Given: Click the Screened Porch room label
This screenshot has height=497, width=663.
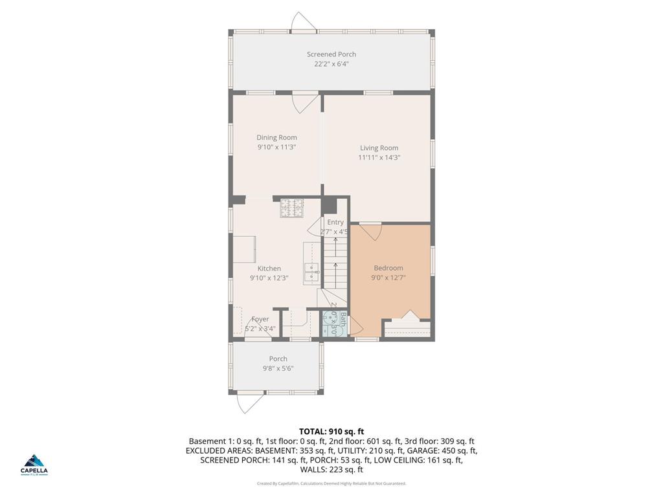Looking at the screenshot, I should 331,54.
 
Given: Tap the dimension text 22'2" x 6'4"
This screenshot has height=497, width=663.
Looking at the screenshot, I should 331,64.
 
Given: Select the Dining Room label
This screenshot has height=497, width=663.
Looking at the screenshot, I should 276,137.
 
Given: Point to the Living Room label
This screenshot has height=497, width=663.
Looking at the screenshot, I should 379,148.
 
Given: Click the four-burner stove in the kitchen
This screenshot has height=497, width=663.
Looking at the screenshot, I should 291,208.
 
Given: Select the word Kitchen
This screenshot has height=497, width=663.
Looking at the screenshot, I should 269,269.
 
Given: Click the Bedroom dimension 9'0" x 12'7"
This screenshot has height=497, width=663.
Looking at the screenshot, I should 388,278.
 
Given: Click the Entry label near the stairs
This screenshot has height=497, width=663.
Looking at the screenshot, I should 335,223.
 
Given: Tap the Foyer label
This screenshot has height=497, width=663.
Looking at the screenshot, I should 260,319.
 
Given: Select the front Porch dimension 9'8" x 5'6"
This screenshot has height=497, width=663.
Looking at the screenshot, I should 278,368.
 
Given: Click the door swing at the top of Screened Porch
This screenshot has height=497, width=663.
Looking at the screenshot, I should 303,22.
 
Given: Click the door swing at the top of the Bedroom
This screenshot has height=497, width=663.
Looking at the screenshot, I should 371,232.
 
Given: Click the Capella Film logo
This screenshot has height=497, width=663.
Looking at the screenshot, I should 34,465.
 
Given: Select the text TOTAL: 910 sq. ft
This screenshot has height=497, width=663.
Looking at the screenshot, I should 331,431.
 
